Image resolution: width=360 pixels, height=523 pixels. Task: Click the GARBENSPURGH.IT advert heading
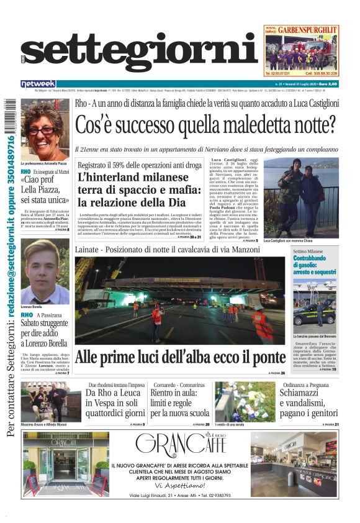(x=308, y=29)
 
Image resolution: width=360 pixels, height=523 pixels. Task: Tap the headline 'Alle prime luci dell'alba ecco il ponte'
(x=180, y=358)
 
